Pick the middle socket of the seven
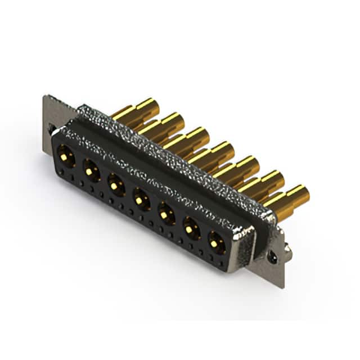pos(140,198)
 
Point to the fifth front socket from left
pos(165,213)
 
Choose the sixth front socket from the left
pos(191,228)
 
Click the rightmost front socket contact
pos(216,242)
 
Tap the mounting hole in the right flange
pos(273,256)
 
